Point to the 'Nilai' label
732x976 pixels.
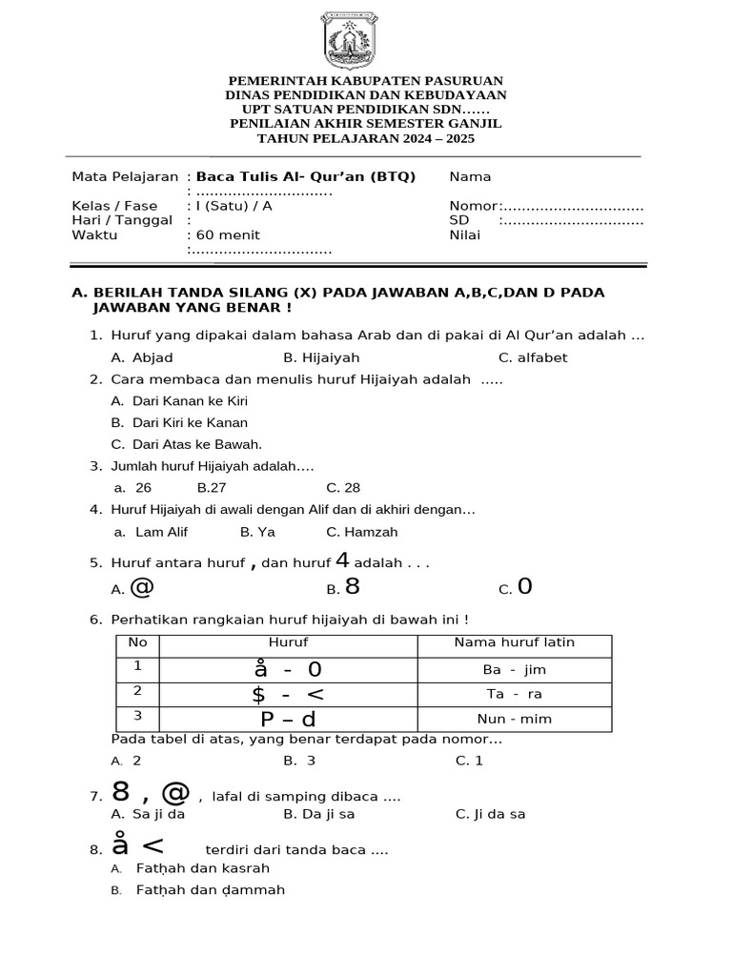click(465, 235)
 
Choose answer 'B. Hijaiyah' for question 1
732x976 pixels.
click(321, 357)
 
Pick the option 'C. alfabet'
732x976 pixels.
click(533, 357)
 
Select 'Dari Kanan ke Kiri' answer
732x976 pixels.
click(189, 401)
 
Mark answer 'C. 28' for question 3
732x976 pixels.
click(343, 487)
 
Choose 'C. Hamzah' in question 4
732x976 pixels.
click(361, 532)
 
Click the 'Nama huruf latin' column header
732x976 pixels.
click(514, 642)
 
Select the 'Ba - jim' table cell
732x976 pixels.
click(514, 669)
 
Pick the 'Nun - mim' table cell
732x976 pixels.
click(514, 719)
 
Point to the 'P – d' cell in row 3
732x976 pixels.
click(288, 719)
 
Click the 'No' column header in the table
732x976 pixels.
click(137, 642)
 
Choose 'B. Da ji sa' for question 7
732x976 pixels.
click(319, 814)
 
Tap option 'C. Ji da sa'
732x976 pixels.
click(491, 814)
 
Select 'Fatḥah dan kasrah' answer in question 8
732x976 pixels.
click(202, 868)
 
